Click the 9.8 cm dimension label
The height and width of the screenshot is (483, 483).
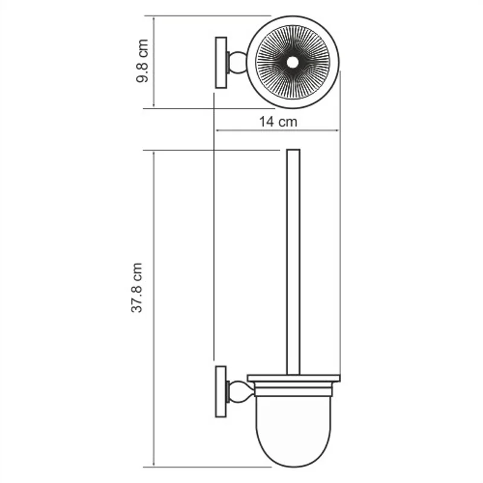(x=143, y=62)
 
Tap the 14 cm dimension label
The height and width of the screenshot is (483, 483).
(x=278, y=121)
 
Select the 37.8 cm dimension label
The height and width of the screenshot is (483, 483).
(x=138, y=287)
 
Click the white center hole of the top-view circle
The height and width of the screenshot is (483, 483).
(x=293, y=62)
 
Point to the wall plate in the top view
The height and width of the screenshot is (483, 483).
(x=221, y=62)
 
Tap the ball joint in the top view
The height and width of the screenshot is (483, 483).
(x=236, y=62)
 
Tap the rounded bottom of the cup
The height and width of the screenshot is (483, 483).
(x=293, y=453)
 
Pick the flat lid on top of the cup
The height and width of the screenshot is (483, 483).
(x=293, y=379)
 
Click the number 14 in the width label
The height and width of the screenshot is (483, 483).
(x=268, y=121)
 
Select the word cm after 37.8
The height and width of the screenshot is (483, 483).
(x=138, y=272)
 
